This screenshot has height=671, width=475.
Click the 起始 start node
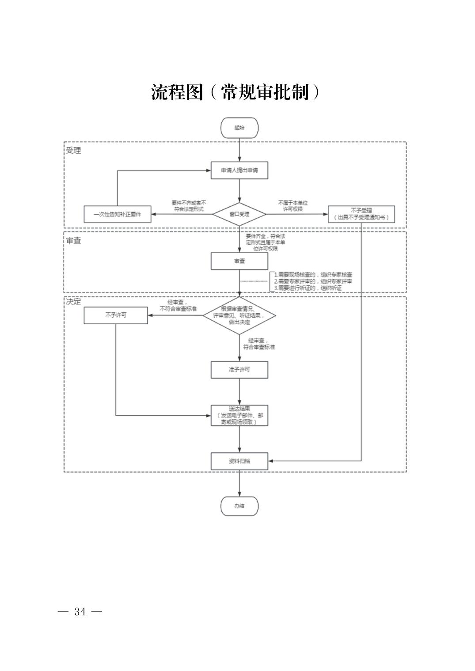[239, 128]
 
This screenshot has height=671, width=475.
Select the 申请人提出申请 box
[239, 170]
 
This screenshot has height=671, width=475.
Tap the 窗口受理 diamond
[239, 214]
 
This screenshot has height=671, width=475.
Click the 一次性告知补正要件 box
[117, 214]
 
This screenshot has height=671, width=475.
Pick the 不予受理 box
[361, 214]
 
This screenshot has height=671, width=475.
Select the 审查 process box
[239, 261]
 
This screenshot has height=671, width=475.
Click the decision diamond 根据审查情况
[239, 315]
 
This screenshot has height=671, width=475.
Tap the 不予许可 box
[116, 315]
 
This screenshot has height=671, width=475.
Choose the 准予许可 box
[239, 370]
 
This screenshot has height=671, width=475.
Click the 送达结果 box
[239, 415]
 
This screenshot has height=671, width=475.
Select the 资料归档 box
[239, 461]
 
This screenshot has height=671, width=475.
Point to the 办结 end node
[239, 506]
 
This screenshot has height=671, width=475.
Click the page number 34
[80, 612]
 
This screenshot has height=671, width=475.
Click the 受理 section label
[73, 151]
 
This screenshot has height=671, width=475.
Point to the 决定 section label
[73, 302]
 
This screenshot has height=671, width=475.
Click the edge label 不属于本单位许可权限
[293, 205]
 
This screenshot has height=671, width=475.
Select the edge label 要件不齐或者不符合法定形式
[189, 206]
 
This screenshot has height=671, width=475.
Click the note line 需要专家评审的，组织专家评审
[313, 281]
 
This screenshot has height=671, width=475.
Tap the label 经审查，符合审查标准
[259, 344]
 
